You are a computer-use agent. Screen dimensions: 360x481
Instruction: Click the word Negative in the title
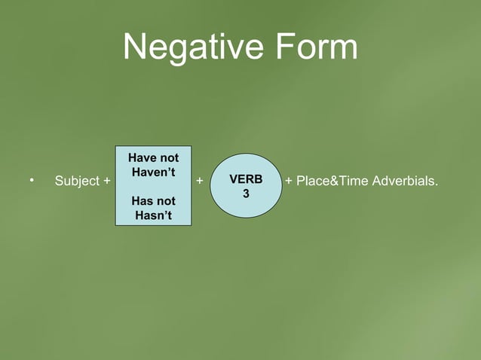[x=192, y=47]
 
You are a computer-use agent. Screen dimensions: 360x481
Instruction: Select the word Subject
[x=77, y=182]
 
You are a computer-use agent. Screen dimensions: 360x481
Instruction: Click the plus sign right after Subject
[x=106, y=182]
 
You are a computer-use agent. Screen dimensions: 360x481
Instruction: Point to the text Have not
[x=153, y=158]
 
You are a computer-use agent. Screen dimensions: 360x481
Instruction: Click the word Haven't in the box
[x=153, y=172]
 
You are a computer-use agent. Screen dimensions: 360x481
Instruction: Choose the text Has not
[x=153, y=201]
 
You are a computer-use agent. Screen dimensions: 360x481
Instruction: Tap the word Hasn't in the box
[x=153, y=216]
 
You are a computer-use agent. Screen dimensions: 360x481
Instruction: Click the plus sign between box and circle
[x=199, y=182]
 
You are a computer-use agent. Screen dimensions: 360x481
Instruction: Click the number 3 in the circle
[x=246, y=194]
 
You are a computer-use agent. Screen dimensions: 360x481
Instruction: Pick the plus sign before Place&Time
[x=289, y=182]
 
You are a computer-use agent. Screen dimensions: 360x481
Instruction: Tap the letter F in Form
[x=280, y=47]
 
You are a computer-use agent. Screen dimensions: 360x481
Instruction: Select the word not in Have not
[x=169, y=158]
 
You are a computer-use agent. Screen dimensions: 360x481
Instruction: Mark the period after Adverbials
[x=437, y=185]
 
